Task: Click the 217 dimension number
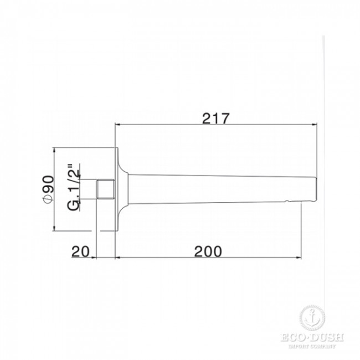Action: (x=215, y=119)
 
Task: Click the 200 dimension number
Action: (x=208, y=251)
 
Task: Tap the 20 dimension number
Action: (x=80, y=251)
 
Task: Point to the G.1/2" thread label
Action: (x=74, y=187)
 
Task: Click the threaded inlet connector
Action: (x=105, y=189)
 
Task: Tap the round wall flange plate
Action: (x=116, y=189)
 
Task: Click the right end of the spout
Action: (x=317, y=189)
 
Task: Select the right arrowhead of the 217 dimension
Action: (x=315, y=125)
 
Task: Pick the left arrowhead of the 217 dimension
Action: (x=117, y=125)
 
